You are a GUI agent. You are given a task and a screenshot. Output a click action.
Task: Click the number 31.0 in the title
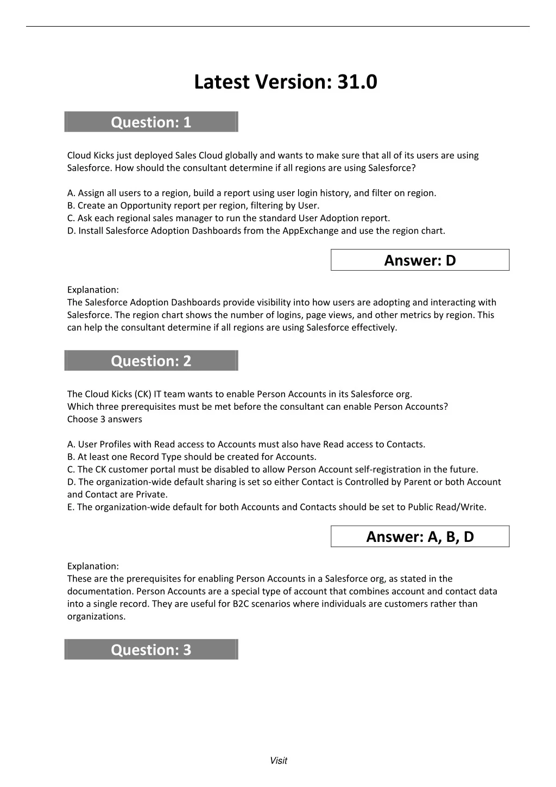[357, 82]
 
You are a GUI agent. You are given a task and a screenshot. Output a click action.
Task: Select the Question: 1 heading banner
[151, 122]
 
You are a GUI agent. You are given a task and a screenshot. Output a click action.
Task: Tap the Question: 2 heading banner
[151, 361]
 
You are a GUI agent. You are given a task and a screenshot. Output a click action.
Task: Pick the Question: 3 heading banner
[151, 649]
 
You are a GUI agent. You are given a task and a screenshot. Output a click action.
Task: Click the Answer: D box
[420, 260]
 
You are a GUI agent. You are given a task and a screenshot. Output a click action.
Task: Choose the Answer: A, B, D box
[420, 537]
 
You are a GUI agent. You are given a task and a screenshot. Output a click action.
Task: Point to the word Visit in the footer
[278, 761]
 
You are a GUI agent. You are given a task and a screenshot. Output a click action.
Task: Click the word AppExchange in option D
[310, 231]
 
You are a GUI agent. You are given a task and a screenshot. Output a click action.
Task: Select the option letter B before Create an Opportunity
[70, 206]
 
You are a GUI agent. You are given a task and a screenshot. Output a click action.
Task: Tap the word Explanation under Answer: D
[93, 290]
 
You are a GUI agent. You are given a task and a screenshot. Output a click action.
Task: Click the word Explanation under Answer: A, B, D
[93, 566]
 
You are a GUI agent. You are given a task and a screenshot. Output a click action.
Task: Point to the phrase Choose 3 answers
[105, 420]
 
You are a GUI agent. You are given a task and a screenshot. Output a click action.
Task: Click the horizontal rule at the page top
[278, 26]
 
